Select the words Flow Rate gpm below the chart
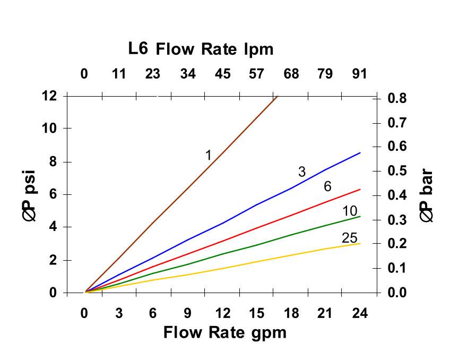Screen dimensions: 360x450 tap(224, 332)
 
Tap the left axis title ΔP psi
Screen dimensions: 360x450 tap(32, 195)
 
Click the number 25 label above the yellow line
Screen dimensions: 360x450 tap(349, 238)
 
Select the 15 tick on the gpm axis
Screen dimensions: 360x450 tap(257, 313)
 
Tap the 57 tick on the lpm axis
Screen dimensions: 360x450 tap(256, 74)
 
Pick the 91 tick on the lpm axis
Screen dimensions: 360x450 tap(360, 74)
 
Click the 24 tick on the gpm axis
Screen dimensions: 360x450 tap(360, 313)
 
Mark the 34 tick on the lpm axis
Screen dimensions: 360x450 tap(188, 74)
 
